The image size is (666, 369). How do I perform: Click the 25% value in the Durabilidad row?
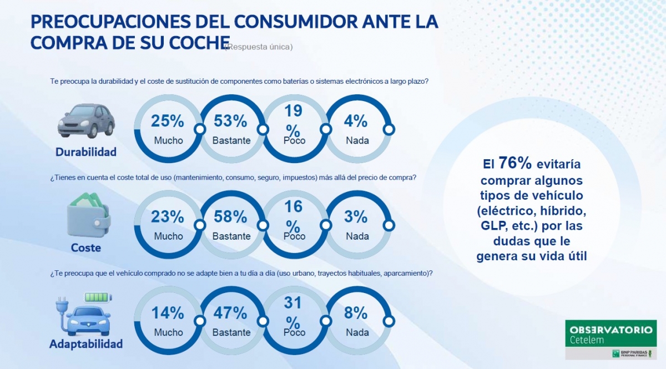tap(168, 121)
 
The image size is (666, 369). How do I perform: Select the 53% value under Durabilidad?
tap(231, 121)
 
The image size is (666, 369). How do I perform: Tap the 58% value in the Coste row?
tap(231, 216)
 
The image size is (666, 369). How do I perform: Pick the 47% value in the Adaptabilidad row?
tap(231, 313)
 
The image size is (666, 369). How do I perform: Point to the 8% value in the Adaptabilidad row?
tap(356, 313)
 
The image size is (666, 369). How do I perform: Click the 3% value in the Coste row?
tap(356, 216)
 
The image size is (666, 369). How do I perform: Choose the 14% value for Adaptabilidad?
tap(168, 313)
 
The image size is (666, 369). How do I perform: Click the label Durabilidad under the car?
tap(86, 152)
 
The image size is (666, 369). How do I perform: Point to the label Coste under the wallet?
tap(86, 247)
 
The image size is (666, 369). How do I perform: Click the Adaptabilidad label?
tap(86, 344)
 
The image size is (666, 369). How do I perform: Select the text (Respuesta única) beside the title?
tap(259, 47)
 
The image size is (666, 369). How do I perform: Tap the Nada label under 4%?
tap(357, 140)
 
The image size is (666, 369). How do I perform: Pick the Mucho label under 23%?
tap(168, 236)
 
